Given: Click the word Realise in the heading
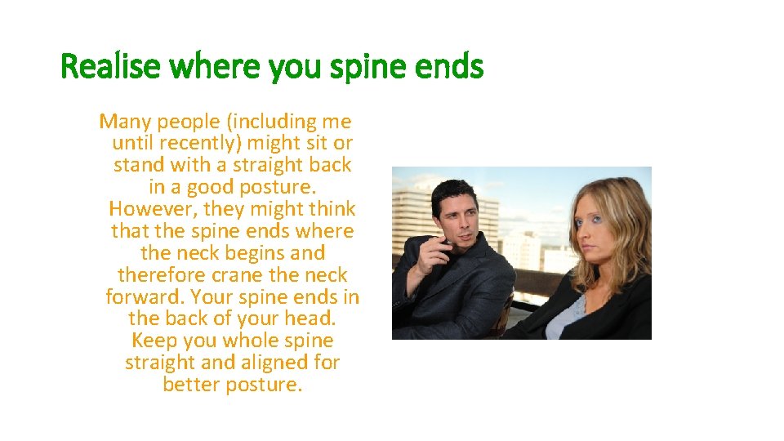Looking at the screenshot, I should tap(109, 67).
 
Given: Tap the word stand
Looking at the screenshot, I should tap(140, 165).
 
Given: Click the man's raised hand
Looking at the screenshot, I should tap(445, 248).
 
